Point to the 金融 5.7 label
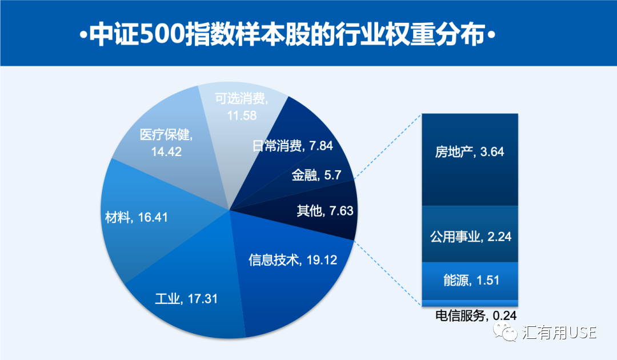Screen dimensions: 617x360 pyautogui.click(x=316, y=175)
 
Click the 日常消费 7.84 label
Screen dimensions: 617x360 pyautogui.click(x=293, y=146)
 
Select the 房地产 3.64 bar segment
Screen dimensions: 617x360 pyautogui.click(x=470, y=160)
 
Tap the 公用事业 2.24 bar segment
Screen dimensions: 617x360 pyautogui.click(x=470, y=234)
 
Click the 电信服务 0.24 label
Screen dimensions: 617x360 pyautogui.click(x=476, y=315)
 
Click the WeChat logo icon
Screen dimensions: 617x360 pyautogui.click(x=506, y=331)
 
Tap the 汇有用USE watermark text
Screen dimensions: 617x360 pyautogui.click(x=559, y=333)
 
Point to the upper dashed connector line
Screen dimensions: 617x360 pyautogui.click(x=388, y=147)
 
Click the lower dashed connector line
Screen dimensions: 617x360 pyautogui.click(x=388, y=273)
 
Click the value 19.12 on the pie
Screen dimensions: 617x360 pyautogui.click(x=322, y=259)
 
